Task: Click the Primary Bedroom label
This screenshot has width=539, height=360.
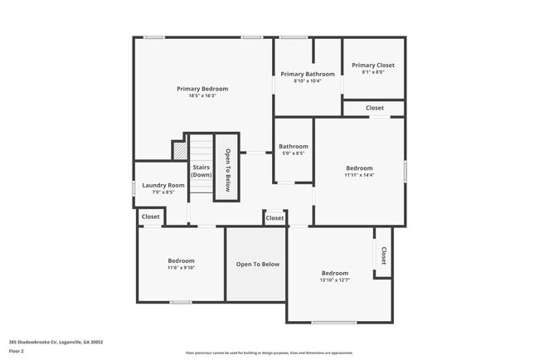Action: [202, 89]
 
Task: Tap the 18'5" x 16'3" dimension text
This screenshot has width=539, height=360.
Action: [202, 95]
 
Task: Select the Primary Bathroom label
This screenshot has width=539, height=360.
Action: [308, 74]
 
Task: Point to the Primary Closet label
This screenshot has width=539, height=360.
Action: [373, 65]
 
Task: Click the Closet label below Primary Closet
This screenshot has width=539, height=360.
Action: [375, 108]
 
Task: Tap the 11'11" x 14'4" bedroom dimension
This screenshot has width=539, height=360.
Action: [360, 175]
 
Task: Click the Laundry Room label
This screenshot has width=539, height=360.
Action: [163, 185]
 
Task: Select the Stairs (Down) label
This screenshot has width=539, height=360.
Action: [201, 171]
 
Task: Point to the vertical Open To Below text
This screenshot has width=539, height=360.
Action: [227, 169]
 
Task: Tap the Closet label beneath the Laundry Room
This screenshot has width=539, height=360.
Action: [151, 216]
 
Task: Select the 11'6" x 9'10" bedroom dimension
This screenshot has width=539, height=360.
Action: [181, 267]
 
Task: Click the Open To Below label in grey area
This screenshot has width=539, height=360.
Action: [258, 265]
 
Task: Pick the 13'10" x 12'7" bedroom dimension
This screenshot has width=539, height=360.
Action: [335, 280]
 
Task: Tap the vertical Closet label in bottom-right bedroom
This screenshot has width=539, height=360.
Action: [384, 255]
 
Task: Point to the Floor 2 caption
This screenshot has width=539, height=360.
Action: [17, 351]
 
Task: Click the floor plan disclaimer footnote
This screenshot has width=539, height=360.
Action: [269, 353]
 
